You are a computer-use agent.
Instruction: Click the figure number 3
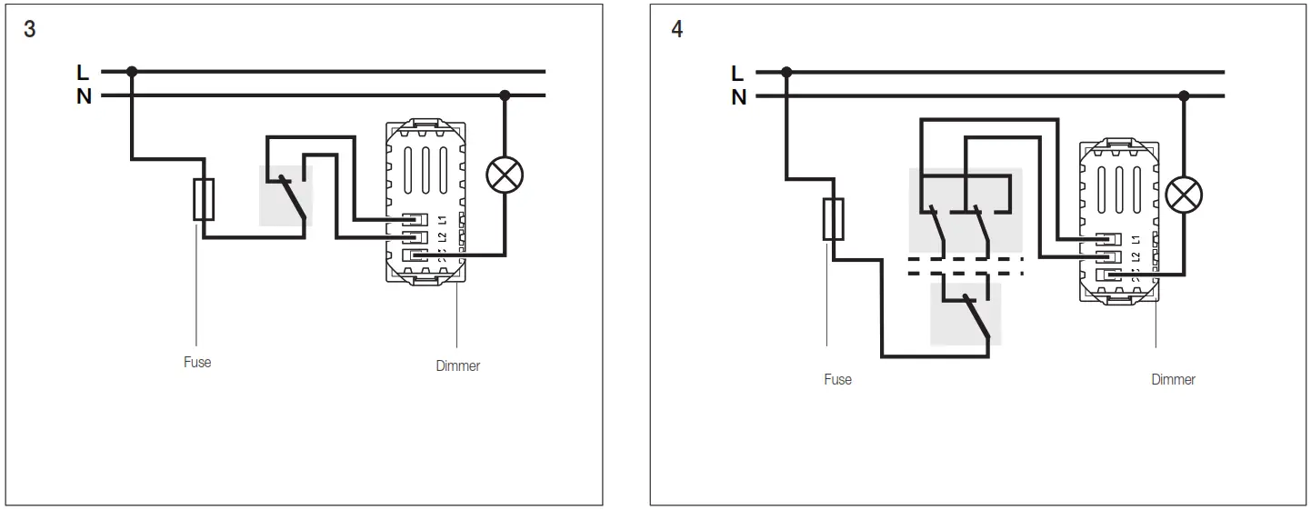pos(30,29)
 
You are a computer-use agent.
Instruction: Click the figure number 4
pos(676,29)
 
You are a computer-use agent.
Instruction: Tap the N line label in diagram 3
pos(84,95)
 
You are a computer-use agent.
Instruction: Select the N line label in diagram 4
pos(739,96)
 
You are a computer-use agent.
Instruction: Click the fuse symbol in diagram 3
pos(204,199)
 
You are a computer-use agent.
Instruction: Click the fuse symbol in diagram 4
pos(833,219)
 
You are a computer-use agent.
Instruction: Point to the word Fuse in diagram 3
pos(197,362)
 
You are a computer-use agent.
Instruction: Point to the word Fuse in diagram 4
pos(837,379)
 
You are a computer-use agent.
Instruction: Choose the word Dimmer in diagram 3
pos(458,365)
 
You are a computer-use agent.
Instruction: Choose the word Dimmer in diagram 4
pos(1173,379)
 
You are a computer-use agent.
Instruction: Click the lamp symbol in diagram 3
pos(505,175)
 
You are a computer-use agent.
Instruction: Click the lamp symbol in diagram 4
pos(1184,194)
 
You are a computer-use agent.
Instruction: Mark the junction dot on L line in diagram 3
pos(133,71)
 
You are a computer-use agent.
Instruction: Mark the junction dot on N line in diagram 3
pos(505,95)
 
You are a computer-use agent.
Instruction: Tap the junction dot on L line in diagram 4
pos(786,72)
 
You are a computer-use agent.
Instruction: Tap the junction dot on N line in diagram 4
pos(1184,95)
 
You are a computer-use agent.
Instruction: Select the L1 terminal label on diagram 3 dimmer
pos(442,220)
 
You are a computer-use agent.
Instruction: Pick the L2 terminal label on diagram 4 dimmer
pos(1136,257)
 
